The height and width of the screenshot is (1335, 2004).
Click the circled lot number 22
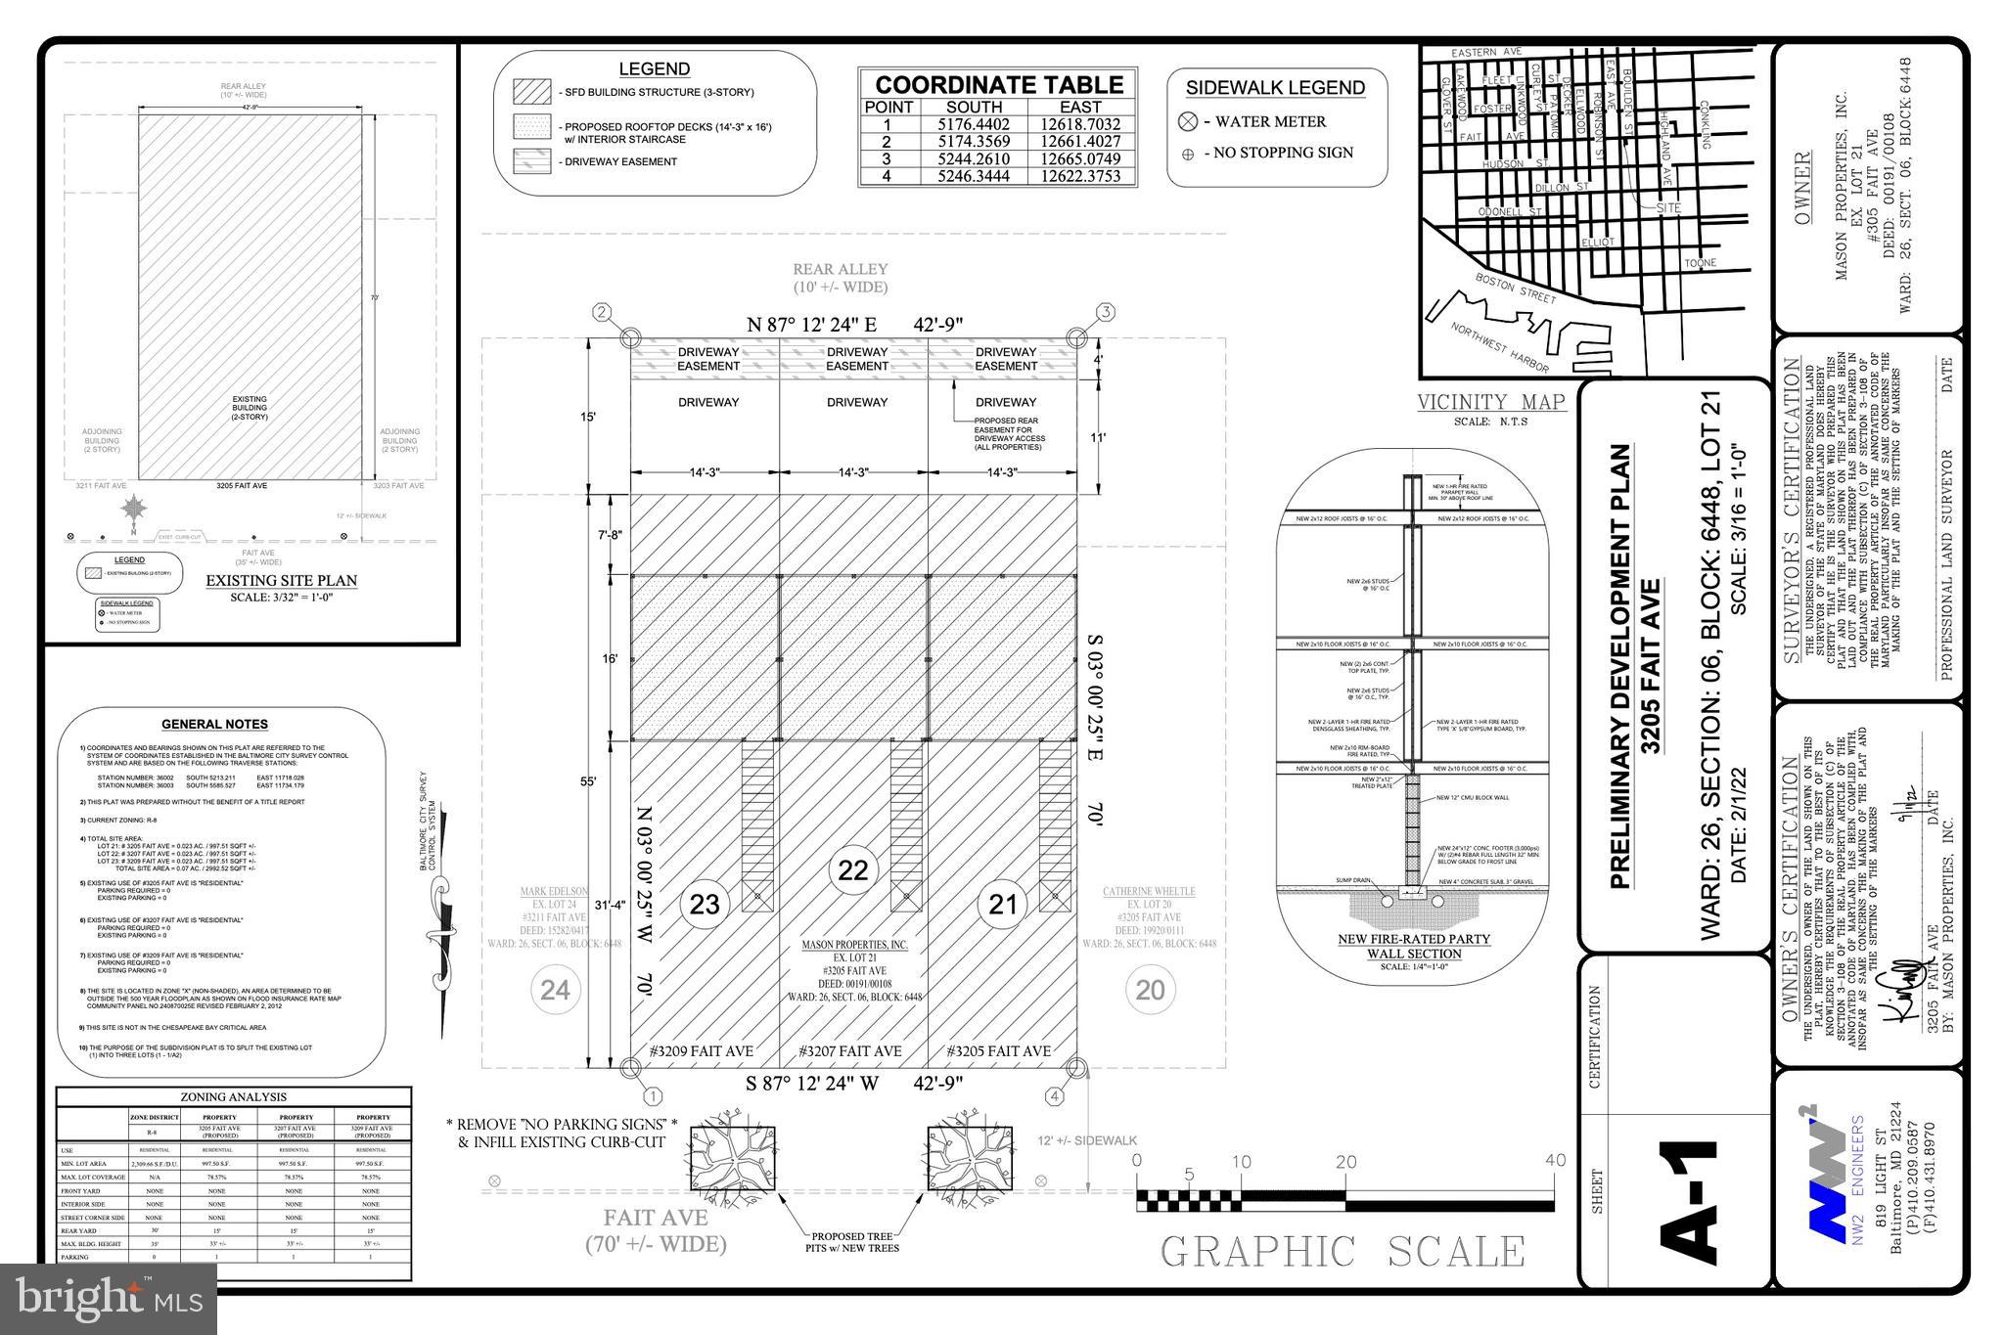(853, 869)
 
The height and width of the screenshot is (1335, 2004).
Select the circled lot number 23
(705, 904)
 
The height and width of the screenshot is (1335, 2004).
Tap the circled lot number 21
(1003, 904)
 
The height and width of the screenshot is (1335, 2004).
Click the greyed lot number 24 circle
(555, 990)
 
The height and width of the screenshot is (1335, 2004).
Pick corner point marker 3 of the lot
(1105, 313)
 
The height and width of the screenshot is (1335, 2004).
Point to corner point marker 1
(653, 1096)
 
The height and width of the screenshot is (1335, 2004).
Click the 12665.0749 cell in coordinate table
(1080, 159)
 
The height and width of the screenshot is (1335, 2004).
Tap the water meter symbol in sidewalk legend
(1188, 122)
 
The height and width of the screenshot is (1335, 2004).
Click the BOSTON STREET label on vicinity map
(1515, 289)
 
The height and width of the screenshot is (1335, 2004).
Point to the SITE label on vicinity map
(1668, 208)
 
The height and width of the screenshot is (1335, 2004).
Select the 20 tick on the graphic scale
(1346, 1162)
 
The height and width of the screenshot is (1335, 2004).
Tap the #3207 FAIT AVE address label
(850, 1051)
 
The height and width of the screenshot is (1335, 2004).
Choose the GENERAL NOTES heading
(214, 725)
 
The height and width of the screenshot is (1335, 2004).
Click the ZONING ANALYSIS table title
(233, 1097)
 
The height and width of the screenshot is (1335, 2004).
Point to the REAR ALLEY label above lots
(840, 269)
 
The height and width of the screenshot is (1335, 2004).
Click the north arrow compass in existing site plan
(134, 510)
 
